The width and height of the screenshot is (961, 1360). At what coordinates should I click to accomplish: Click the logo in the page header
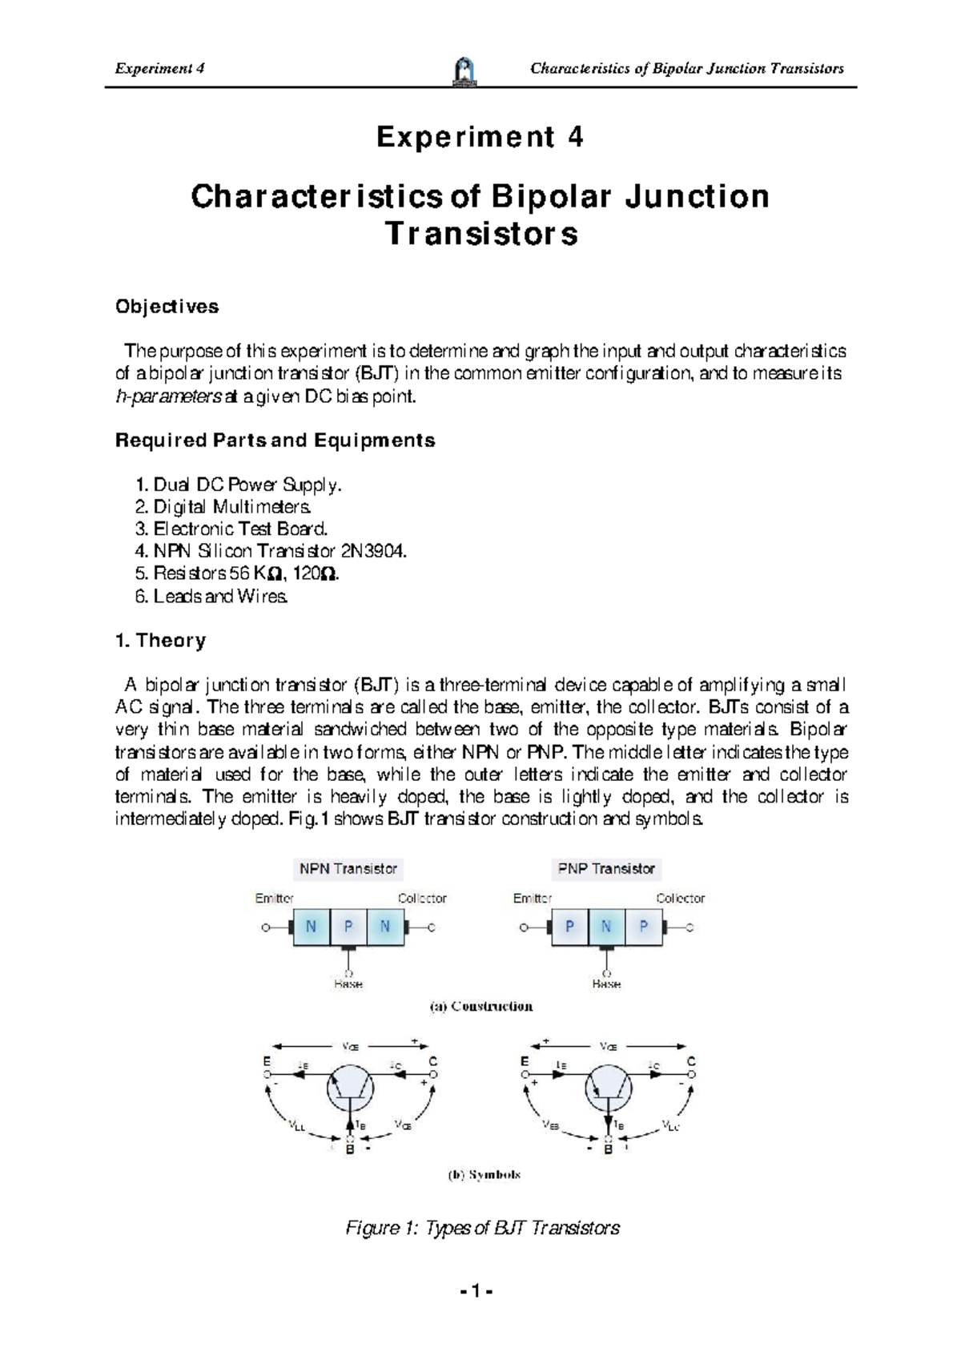tap(464, 70)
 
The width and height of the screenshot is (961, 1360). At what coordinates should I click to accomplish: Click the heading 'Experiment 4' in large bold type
tap(480, 137)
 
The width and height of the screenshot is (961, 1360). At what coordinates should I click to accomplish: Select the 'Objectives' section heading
tap(167, 307)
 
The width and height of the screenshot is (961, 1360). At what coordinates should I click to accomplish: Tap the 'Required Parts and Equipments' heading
tap(275, 441)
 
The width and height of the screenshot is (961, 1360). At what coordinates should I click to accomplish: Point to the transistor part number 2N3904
tap(374, 551)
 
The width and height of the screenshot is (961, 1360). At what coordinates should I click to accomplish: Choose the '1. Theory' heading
tap(161, 641)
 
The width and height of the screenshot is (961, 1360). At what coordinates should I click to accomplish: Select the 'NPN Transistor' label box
tap(348, 868)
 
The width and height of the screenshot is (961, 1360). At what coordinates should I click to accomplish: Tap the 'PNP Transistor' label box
tap(606, 868)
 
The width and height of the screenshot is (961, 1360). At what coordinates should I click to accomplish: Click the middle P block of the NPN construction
tap(348, 927)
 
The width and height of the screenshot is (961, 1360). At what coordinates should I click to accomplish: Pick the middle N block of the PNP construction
tap(606, 927)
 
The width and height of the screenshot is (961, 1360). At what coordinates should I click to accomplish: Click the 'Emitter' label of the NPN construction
tap(274, 899)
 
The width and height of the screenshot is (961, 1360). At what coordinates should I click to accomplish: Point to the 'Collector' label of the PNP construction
tap(681, 899)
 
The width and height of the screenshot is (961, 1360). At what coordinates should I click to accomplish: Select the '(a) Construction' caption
tap(481, 1007)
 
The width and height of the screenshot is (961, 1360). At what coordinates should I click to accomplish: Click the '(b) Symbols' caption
tap(484, 1175)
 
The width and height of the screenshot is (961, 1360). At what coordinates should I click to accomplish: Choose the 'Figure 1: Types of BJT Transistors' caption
tap(482, 1228)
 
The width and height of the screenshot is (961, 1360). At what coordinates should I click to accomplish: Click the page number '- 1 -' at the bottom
tap(480, 1291)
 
